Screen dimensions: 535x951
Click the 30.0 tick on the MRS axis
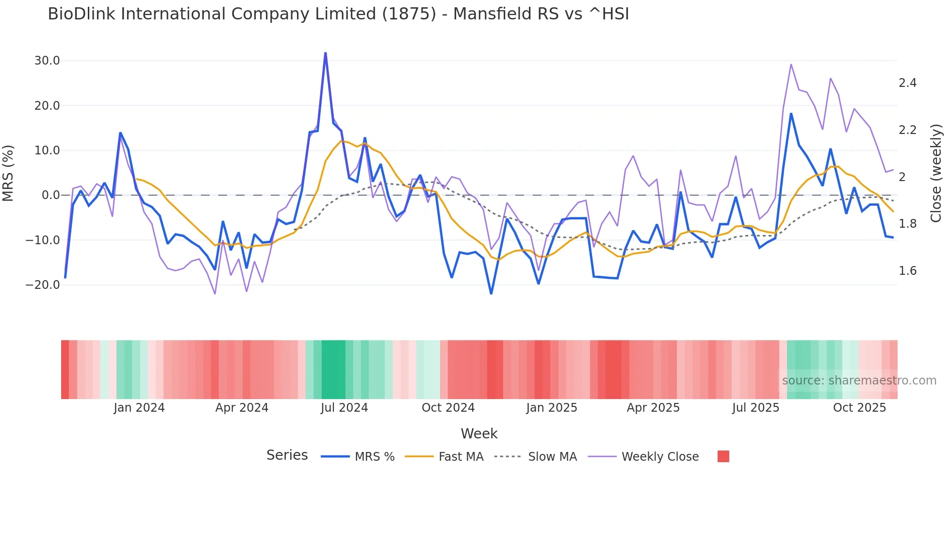(47, 61)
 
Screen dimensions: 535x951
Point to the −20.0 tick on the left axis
(43, 285)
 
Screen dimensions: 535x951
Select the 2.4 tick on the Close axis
(907, 83)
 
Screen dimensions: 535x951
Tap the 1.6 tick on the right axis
(907, 271)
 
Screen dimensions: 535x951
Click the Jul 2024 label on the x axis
(344, 408)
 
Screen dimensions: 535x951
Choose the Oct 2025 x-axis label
(859, 408)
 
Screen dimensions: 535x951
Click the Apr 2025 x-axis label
(653, 408)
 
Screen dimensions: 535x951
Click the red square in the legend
(723, 456)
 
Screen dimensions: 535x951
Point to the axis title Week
(479, 434)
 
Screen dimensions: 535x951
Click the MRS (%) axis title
(8, 173)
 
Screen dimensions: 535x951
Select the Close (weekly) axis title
(936, 173)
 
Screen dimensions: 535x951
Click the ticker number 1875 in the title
(409, 14)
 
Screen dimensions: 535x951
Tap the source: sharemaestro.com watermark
(859, 381)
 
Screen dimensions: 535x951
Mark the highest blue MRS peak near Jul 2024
(325, 53)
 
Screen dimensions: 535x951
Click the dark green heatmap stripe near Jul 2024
(333, 369)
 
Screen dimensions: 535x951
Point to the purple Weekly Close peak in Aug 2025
(791, 65)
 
